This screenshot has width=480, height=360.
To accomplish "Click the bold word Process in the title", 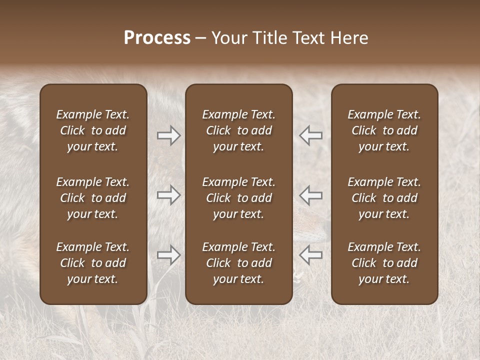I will pyautogui.click(x=157, y=38).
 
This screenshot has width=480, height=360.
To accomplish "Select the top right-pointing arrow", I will pyautogui.click(x=169, y=135).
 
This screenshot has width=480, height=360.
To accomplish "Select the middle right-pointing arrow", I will pyautogui.click(x=169, y=195).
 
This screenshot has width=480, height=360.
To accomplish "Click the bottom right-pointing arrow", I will pyautogui.click(x=169, y=255).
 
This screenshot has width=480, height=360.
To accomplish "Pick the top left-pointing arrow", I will pyautogui.click(x=310, y=135).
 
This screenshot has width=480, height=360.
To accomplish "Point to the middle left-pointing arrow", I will pyautogui.click(x=310, y=195).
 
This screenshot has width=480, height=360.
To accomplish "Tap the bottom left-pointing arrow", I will pyautogui.click(x=310, y=255).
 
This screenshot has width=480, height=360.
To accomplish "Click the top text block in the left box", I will pyautogui.click(x=93, y=130).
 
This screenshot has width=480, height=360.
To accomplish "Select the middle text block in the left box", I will pyautogui.click(x=93, y=198).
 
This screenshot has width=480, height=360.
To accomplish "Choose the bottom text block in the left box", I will pyautogui.click(x=93, y=263).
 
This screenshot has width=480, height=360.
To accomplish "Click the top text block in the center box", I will pyautogui.click(x=239, y=130).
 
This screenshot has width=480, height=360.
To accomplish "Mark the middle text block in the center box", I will pyautogui.click(x=239, y=198).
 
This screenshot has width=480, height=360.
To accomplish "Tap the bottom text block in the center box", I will pyautogui.click(x=239, y=263).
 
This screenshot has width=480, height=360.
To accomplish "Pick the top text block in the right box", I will pyautogui.click(x=384, y=130).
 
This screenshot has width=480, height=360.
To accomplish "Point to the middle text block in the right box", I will pyautogui.click(x=384, y=198).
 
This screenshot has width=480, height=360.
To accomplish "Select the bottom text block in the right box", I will pyautogui.click(x=384, y=263).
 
